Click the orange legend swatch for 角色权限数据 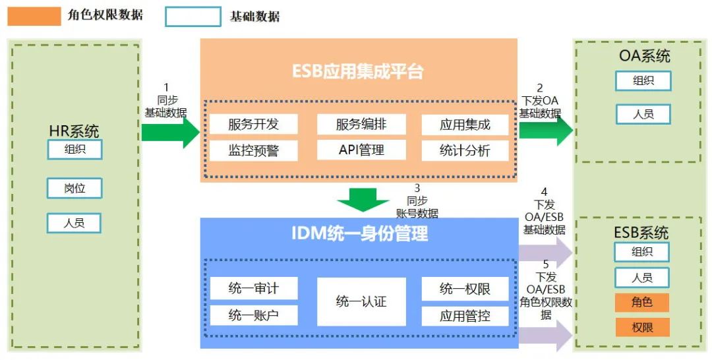[34, 16]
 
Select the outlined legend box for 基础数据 [193, 16]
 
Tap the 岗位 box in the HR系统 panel [74, 188]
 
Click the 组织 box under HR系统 [74, 149]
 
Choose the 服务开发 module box [254, 124]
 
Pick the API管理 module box [361, 150]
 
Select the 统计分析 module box [465, 150]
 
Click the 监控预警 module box [254, 150]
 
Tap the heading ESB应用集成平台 [358, 71]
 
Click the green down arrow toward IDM [363, 200]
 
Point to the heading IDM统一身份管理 [359, 233]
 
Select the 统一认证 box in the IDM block [361, 301]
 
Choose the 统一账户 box [254, 315]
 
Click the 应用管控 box [465, 316]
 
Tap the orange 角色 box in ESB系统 [641, 303]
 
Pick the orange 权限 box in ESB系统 [641, 327]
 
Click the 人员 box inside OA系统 [643, 114]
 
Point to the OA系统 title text [644, 55]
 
